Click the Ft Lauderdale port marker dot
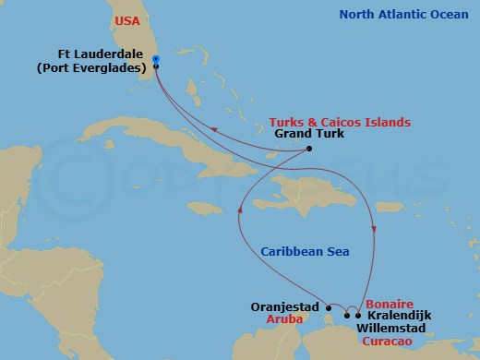tap(155, 66)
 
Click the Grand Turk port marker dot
tap(308, 150)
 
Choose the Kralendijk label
tap(398, 315)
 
